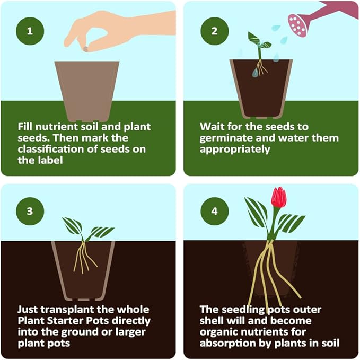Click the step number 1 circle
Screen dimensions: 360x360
coord(30,30)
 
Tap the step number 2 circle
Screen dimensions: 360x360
coord(214,30)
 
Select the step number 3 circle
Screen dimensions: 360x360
coord(30,211)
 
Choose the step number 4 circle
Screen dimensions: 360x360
coord(214,211)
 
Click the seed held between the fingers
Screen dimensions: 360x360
coord(85,49)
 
